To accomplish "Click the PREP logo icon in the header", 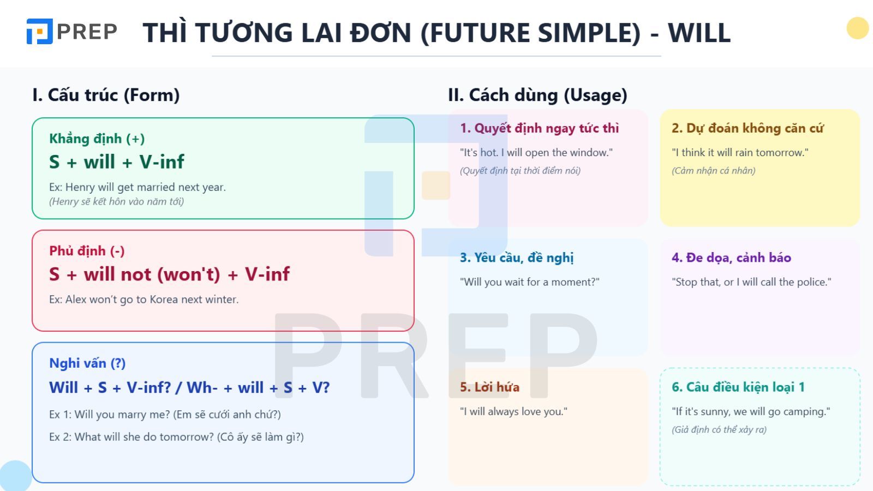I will (x=39, y=32).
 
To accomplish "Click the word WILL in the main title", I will (x=699, y=33).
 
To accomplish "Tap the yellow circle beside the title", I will (x=857, y=28).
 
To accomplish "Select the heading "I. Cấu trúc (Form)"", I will (x=106, y=95).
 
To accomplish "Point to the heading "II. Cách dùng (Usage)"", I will (x=537, y=95).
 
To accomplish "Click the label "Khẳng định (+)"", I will (x=97, y=139).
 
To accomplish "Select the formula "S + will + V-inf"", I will (x=117, y=161).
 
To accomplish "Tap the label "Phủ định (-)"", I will (x=87, y=251).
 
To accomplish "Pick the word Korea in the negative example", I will (x=158, y=300).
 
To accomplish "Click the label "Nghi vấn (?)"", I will (x=87, y=363).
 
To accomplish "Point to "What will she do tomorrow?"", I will (x=144, y=437).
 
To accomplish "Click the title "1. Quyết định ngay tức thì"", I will (x=539, y=128).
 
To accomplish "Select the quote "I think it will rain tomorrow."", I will (x=740, y=153).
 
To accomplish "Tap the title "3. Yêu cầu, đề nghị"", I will (x=517, y=258).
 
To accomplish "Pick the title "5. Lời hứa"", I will (x=489, y=387).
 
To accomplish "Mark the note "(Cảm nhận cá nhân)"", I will (x=713, y=171).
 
